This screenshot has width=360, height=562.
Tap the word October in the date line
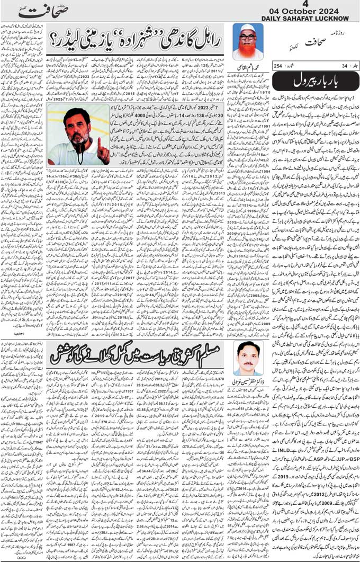pyautogui.click(x=302, y=12)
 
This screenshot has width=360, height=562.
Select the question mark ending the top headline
pyautogui.click(x=55, y=39)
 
